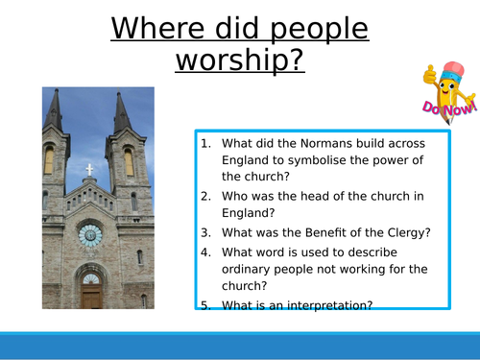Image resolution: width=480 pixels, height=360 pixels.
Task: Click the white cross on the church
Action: [x=90, y=170]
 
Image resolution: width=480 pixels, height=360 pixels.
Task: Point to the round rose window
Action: [x=90, y=233]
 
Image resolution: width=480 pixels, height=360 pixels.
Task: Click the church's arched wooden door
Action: [x=91, y=293]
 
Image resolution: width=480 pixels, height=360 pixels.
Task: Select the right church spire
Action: [x=122, y=113]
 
